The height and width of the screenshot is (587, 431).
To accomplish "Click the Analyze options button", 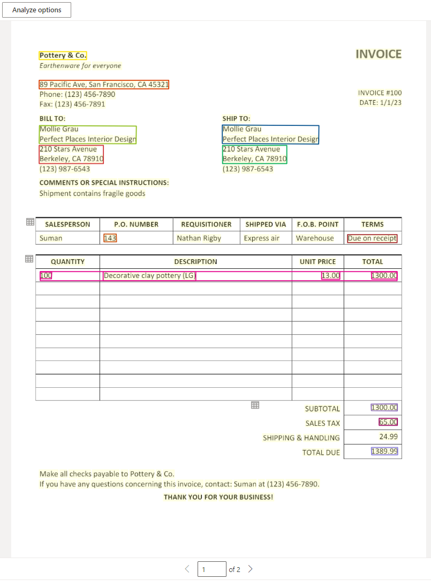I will point(36,10).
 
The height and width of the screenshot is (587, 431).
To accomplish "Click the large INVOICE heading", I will point(378,54).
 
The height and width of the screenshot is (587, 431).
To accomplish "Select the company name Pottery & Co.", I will point(63,55).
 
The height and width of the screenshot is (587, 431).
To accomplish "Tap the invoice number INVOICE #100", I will point(380,93).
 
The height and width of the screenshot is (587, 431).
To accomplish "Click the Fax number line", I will point(72,104).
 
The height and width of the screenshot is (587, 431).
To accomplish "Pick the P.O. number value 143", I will point(110,238).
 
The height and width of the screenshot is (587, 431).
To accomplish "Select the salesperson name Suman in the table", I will point(51,238).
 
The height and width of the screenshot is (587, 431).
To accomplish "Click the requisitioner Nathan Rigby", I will point(199,238).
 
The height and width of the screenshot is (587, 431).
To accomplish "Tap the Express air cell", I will point(261,238).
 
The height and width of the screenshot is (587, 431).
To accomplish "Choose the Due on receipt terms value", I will point(372,238).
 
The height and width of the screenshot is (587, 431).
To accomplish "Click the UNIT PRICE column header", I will point(317,262).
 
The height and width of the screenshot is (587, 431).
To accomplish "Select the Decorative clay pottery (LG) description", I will point(149,276).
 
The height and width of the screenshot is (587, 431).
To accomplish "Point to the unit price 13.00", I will point(330,276).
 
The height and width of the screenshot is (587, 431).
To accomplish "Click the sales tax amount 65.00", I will point(388,422).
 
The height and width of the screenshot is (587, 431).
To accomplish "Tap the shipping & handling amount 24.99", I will point(388,437).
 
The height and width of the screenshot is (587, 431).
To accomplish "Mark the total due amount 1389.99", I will point(384,451).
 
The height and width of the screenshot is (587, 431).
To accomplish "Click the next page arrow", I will point(250,569).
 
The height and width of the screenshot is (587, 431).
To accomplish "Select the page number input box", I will point(211,569).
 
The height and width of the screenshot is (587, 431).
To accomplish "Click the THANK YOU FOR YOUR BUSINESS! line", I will point(218,497).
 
